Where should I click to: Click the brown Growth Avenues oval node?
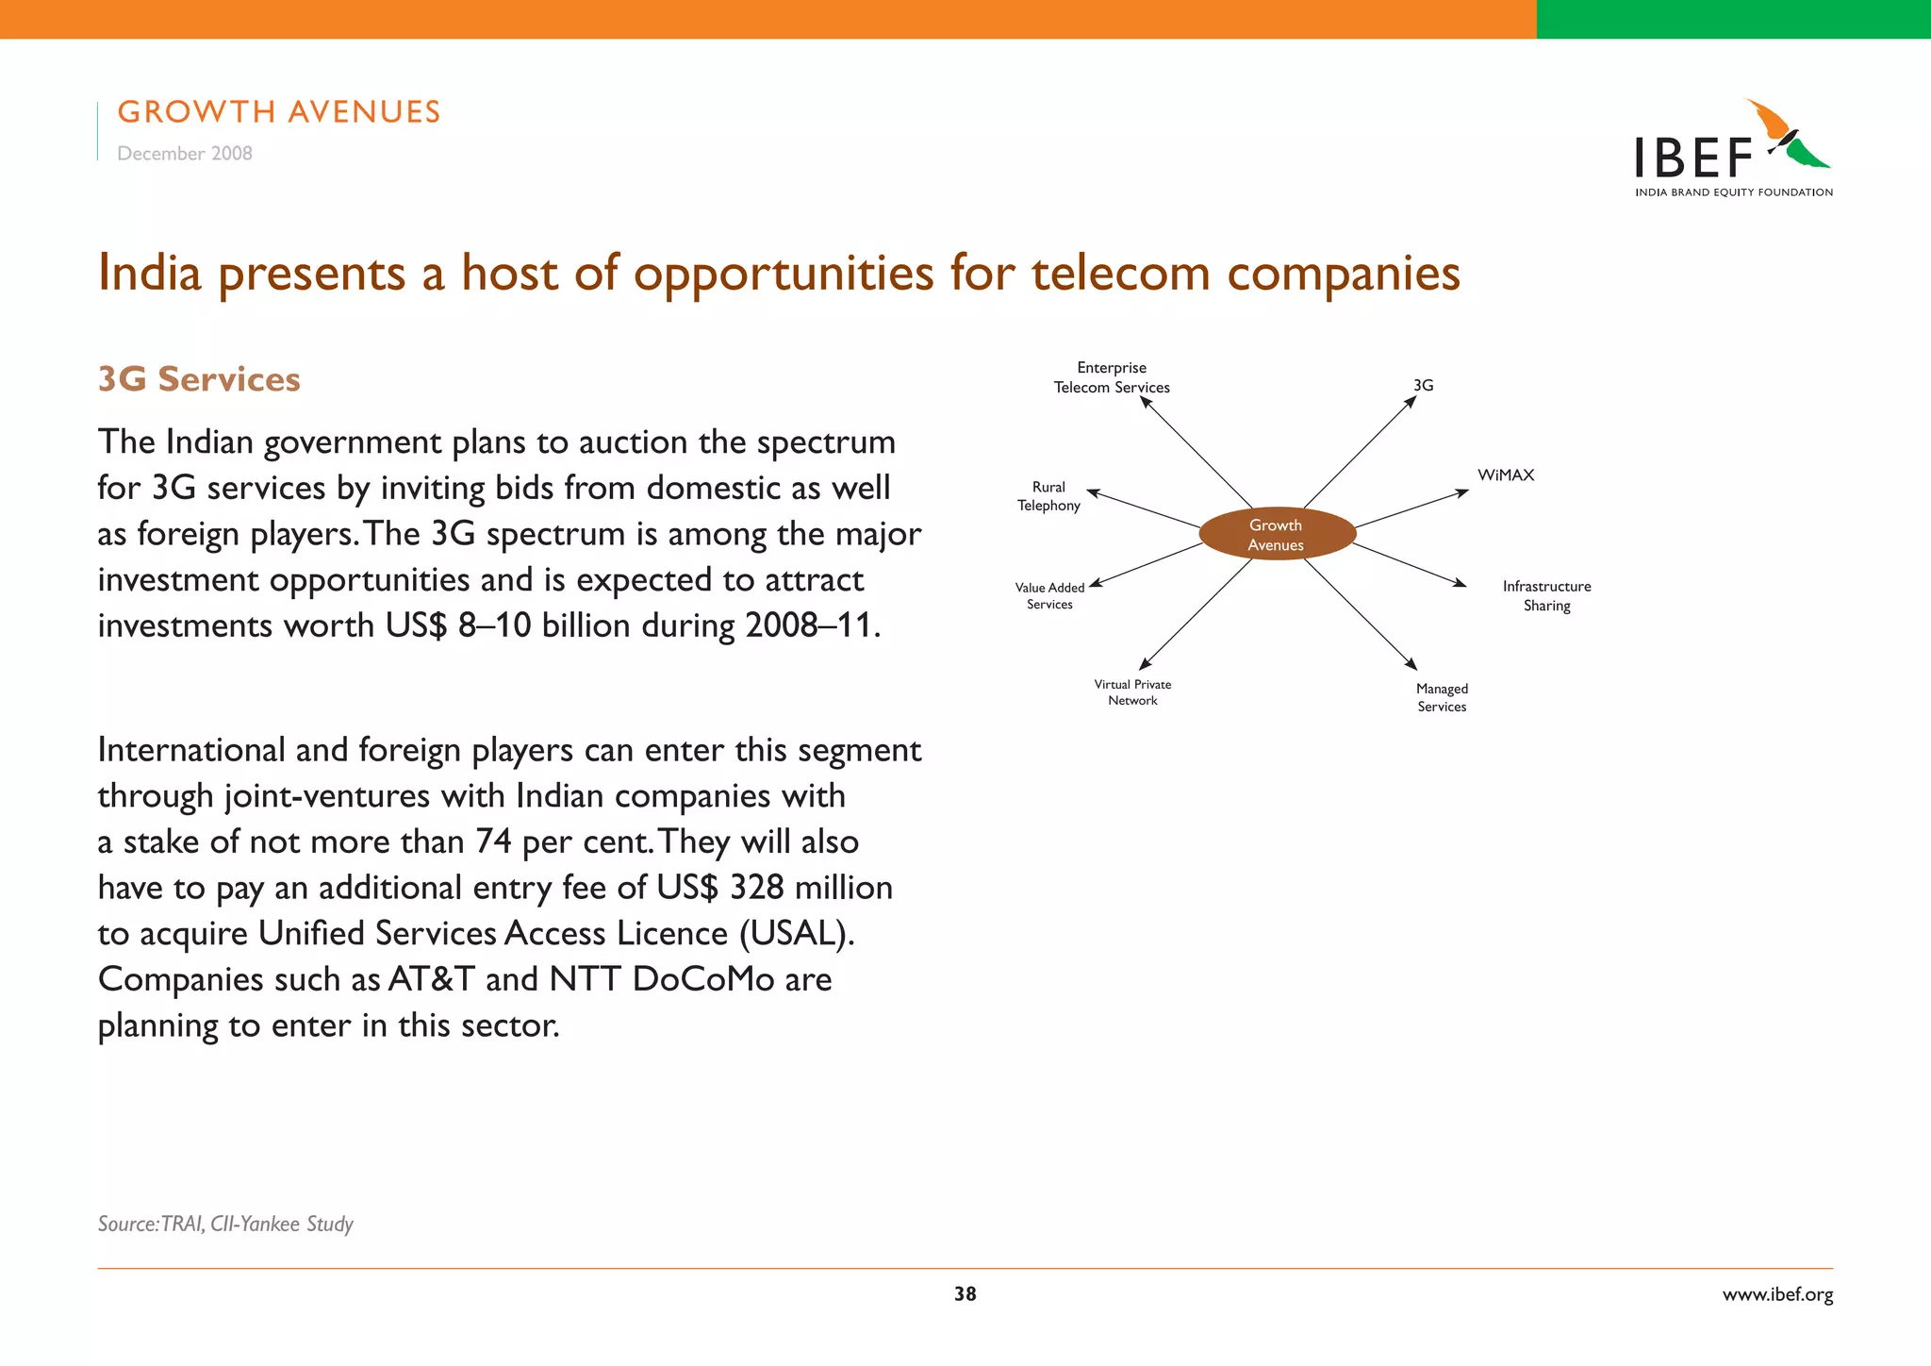pos(1277,535)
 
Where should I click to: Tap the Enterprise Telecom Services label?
pos(1112,377)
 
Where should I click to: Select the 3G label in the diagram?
pos(1423,386)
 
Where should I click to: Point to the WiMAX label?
pos(1506,475)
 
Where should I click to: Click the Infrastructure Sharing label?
pos(1546,596)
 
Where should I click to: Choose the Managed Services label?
pos(1442,698)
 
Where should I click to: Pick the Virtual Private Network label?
pos(1132,692)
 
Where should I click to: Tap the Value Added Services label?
pos(1049,596)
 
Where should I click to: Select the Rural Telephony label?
pos(1048,496)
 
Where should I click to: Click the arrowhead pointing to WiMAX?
pos(1462,492)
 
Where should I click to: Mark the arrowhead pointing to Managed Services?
pos(1411,664)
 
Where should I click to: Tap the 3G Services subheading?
pos(199,379)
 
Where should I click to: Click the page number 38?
pos(965,1294)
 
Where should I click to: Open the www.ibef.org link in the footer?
pos(1777,1294)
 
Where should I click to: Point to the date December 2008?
pos(185,154)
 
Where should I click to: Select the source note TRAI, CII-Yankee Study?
pos(226,1224)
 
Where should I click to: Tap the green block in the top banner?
pos(1733,19)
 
